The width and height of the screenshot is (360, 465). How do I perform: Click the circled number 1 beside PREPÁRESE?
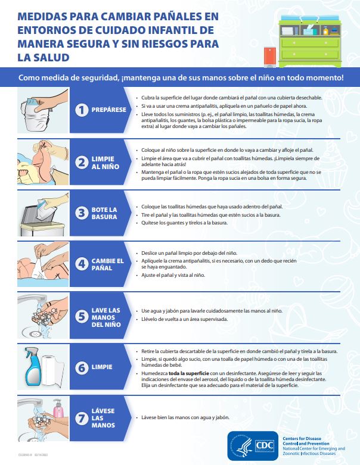point(82,110)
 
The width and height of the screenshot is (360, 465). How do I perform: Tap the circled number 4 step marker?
point(82,264)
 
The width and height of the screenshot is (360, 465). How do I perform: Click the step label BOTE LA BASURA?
point(104,213)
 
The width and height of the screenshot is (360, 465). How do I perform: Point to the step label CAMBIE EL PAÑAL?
point(107,264)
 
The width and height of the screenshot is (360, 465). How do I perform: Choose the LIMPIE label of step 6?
point(101,367)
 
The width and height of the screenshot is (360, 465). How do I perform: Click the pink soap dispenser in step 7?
point(58,409)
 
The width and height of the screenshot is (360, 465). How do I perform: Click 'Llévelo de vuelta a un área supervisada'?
point(185,319)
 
